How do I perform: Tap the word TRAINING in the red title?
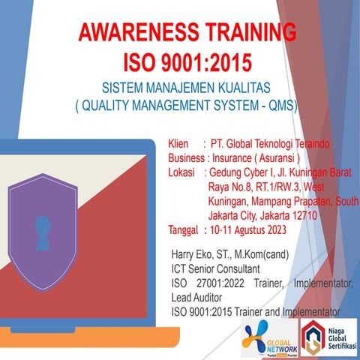(x=251, y=33)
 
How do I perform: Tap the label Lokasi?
(x=184, y=172)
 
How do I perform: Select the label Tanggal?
(x=184, y=229)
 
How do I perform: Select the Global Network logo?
(x=269, y=337)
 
